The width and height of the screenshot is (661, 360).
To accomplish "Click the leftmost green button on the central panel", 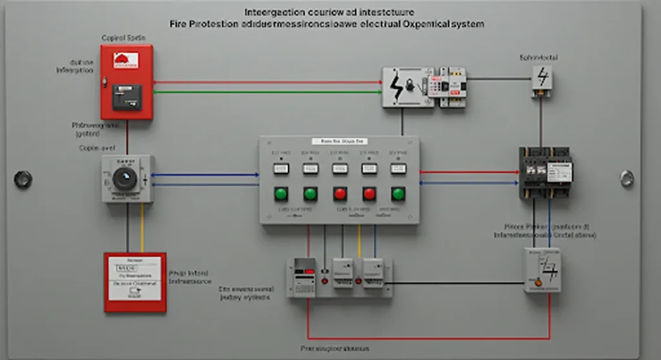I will click(280, 193).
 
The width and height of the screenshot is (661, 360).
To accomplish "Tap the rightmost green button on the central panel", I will click(398, 193).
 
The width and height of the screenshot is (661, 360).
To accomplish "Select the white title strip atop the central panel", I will click(339, 141).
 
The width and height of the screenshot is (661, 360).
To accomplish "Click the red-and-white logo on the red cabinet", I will click(126, 61).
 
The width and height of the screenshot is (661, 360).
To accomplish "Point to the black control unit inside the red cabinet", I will click(127, 97).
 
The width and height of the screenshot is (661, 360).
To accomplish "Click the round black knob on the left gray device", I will click(125, 179).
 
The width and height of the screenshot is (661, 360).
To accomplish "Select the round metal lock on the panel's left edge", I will click(23, 179).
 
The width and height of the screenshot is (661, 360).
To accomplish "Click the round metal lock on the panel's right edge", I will click(627, 179).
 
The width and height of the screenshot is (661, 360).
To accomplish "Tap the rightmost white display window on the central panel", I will click(398, 168).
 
